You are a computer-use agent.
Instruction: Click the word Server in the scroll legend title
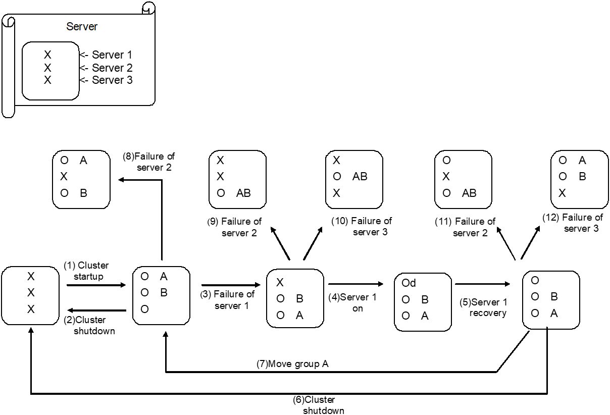[x=82, y=26]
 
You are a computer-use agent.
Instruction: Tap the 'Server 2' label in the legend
[x=112, y=68]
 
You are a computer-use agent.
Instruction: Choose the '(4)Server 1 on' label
[x=358, y=303]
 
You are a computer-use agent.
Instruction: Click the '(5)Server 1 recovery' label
[x=484, y=308]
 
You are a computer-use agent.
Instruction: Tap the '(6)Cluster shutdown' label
[x=319, y=405]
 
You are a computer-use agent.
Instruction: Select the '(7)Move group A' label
[x=293, y=364]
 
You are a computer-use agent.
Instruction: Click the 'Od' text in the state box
[x=409, y=283]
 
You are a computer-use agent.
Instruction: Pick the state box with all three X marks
[x=30, y=295]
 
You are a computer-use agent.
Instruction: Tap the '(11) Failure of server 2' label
[x=466, y=227]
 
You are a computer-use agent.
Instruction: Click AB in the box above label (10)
[x=360, y=177]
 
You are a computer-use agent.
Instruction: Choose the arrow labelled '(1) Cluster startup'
[x=96, y=285]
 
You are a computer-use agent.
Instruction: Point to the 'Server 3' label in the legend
[x=112, y=80]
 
